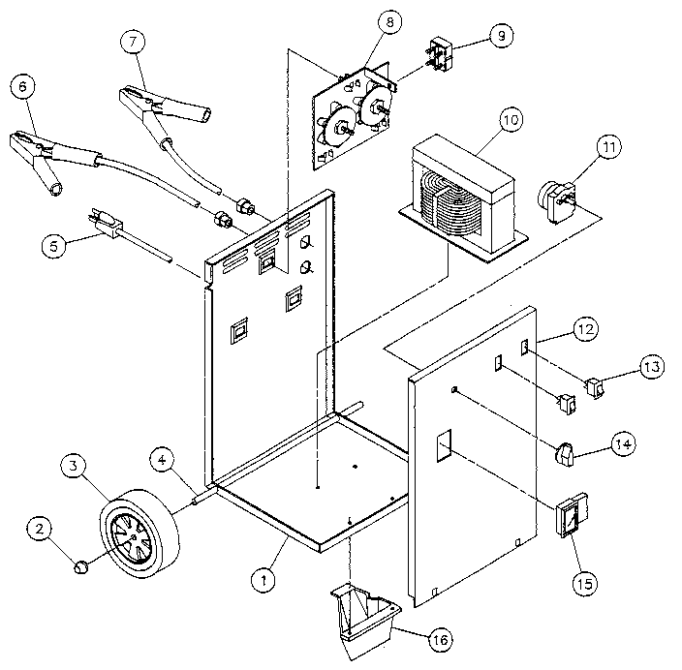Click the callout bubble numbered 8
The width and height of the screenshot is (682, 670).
389,21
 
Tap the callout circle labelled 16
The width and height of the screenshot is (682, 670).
440,640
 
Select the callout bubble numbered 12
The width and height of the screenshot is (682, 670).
585,330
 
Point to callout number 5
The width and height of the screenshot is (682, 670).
54,246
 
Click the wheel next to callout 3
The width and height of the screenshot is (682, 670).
140,533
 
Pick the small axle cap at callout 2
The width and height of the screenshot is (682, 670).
81,567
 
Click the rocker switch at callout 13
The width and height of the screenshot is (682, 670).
596,388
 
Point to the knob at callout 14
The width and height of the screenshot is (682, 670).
564,454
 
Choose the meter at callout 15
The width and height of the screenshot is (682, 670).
573,515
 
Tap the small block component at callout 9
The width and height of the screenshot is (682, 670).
442,55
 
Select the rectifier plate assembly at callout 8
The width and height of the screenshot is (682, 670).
353,116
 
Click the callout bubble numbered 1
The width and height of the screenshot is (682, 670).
263,580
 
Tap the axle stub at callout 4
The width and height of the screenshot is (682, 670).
203,497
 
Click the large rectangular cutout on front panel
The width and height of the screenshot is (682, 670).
444,445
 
